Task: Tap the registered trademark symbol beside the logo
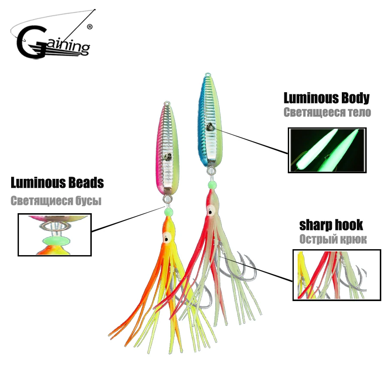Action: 90,27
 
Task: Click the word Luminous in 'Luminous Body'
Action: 309,98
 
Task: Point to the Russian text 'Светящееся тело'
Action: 327,112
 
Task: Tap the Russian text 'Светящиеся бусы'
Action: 56,201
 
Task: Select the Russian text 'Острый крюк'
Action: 333,239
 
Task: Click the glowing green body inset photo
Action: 327,150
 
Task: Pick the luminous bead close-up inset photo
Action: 54,235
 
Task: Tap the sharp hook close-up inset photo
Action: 337,275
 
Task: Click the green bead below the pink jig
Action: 169,211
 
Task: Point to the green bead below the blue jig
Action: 212,184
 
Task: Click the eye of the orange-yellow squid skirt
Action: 166,238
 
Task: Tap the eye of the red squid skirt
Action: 211,211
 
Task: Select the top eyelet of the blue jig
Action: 208,74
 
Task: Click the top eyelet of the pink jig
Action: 167,103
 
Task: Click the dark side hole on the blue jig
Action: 210,127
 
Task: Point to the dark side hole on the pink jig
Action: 168,157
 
